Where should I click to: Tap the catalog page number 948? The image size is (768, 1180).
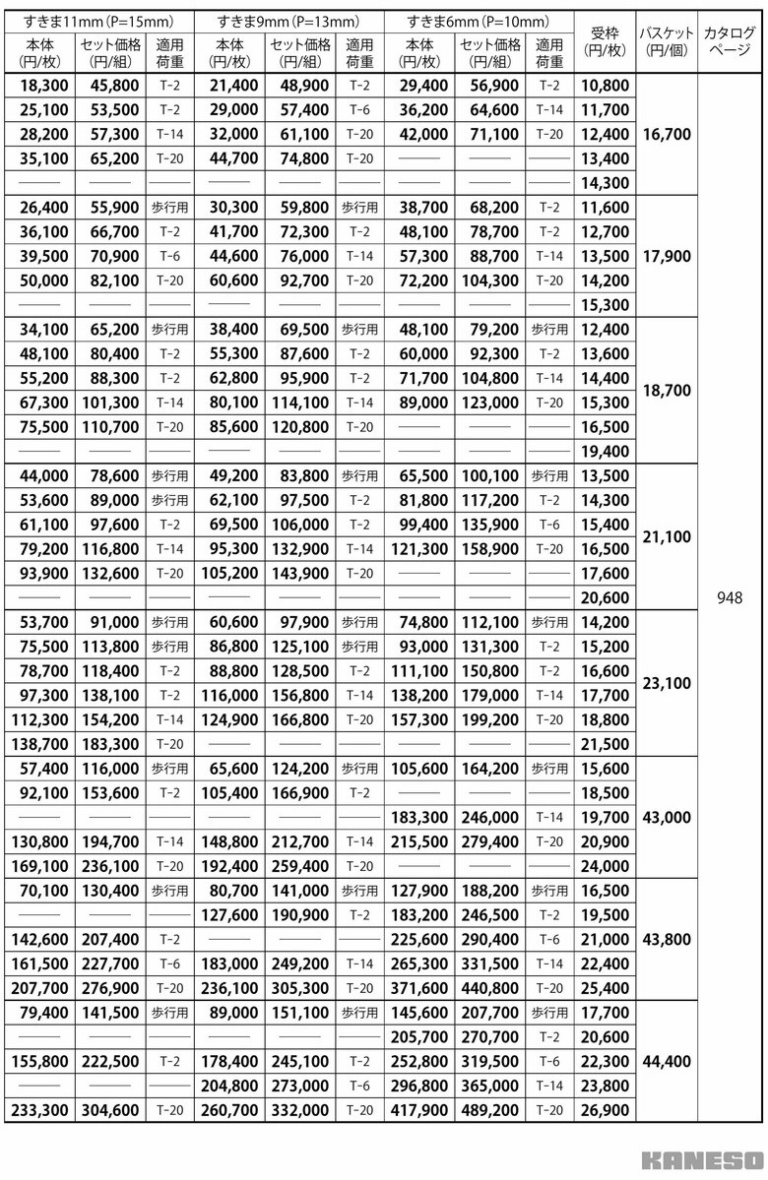tap(731, 596)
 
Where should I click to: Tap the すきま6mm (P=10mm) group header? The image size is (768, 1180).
tap(478, 21)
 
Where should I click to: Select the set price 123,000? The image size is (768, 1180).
tap(489, 402)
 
